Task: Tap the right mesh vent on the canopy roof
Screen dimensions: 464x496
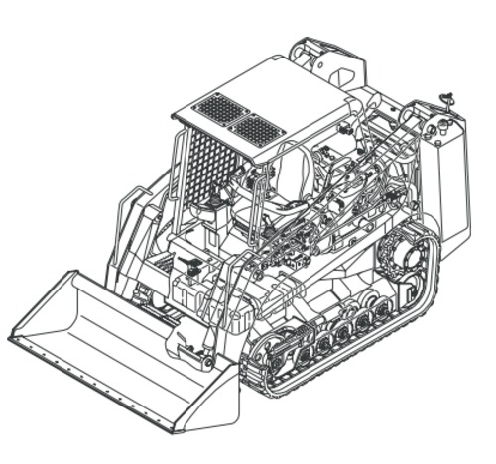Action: click(257, 128)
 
